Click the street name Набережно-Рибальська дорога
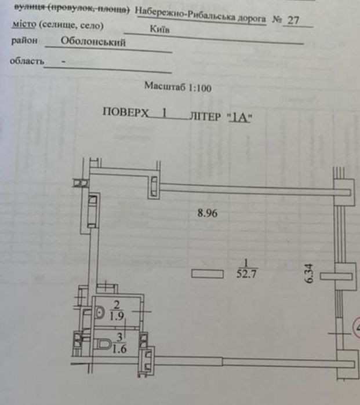point(200,16)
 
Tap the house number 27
point(293,20)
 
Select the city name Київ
point(160,29)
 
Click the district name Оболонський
point(93,42)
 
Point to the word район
point(24,41)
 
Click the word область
point(27,61)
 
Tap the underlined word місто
point(24,24)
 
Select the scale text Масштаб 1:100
point(178,87)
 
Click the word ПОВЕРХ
point(126,112)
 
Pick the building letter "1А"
point(239,118)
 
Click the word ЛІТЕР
point(205,116)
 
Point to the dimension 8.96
point(208,213)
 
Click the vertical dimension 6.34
point(310,273)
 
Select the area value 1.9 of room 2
point(117,316)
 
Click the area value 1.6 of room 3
point(119,349)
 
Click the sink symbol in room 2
point(99,312)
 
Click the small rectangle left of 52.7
point(208,274)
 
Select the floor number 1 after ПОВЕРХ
point(164,113)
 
